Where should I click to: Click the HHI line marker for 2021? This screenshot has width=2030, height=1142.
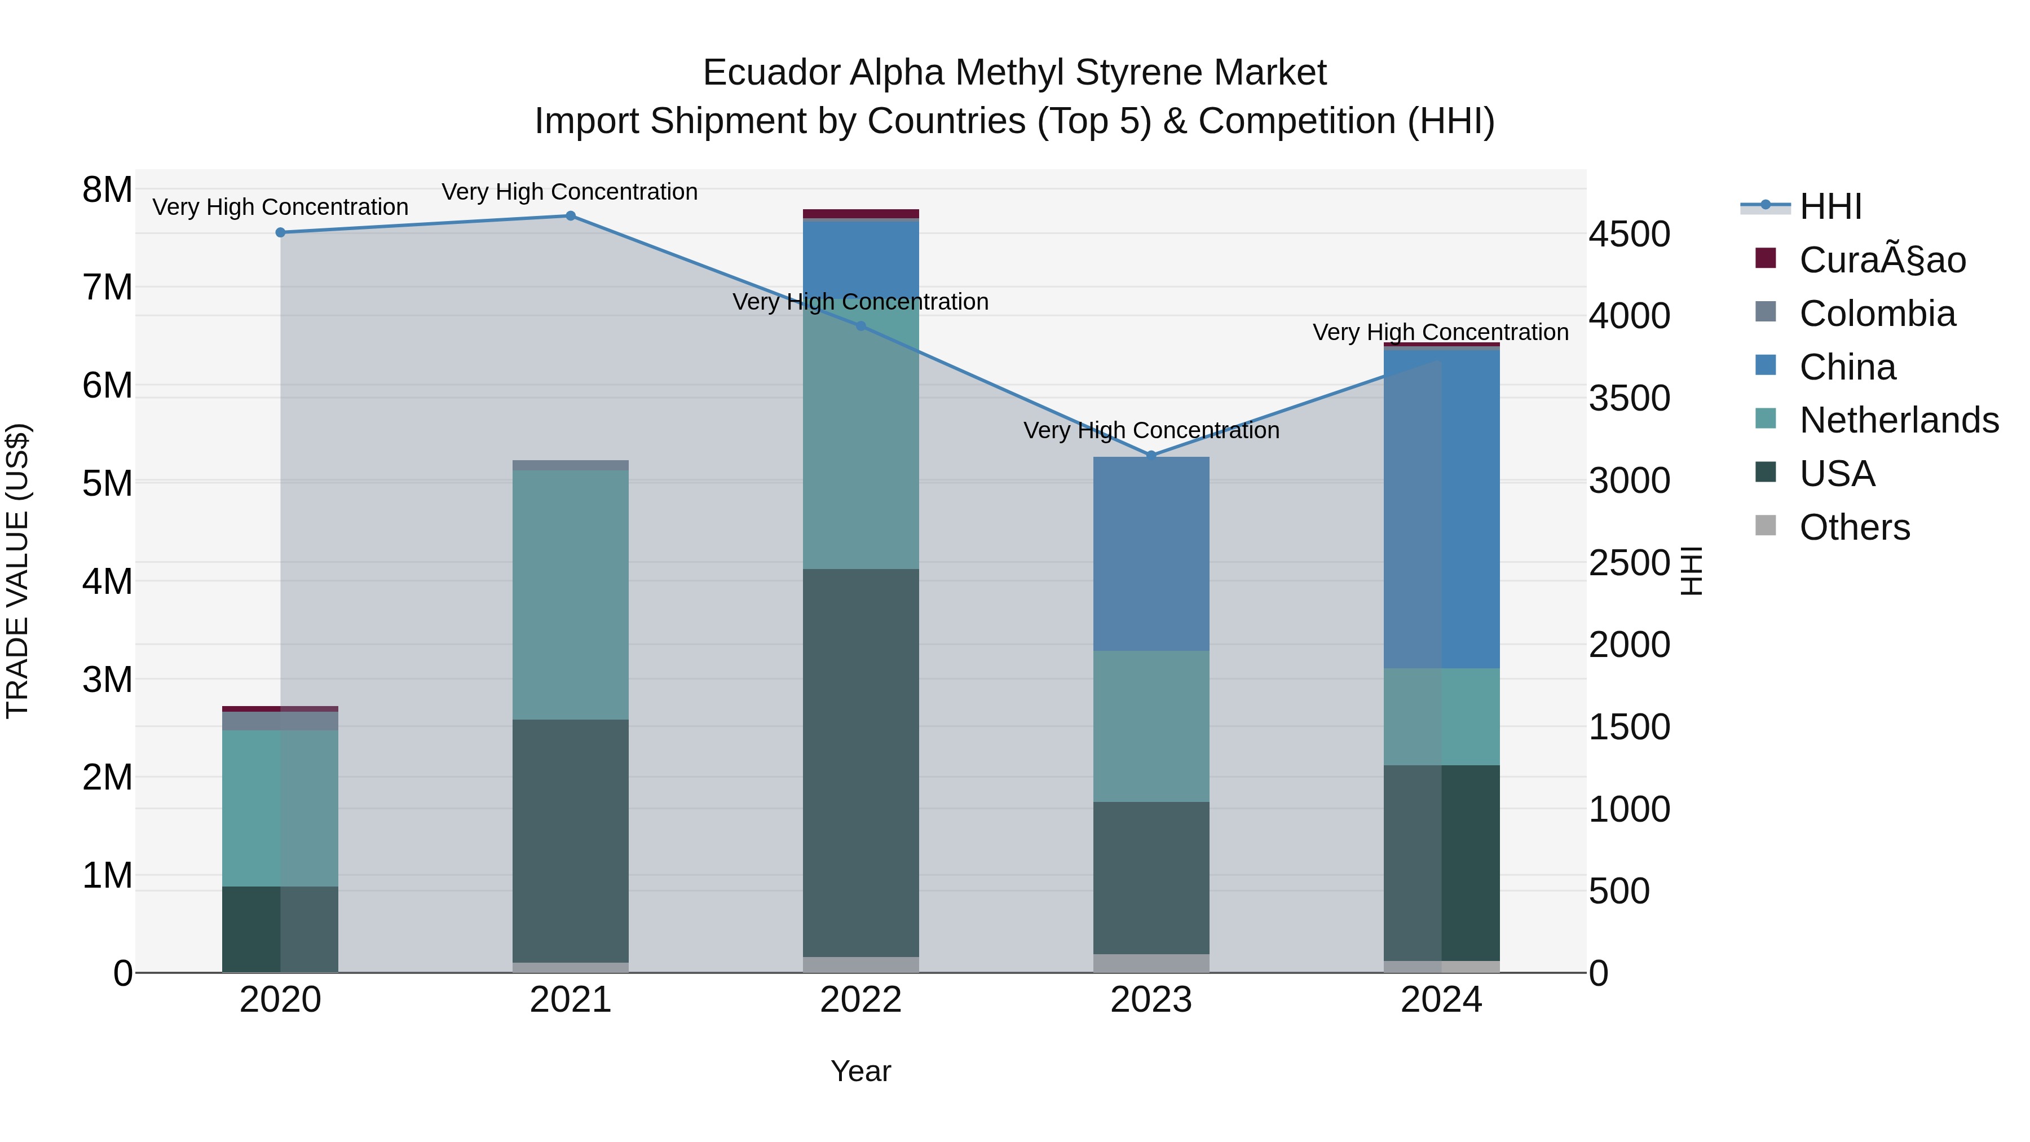[571, 216]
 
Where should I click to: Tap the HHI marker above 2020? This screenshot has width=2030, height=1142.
[281, 232]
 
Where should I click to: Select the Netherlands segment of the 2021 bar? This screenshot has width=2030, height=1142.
[571, 594]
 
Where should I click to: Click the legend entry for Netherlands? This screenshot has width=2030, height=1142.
[1897, 420]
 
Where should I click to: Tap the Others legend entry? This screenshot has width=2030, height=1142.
[1854, 527]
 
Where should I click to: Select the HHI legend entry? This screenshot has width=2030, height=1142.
[1830, 206]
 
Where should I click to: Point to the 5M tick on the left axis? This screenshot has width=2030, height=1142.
[107, 483]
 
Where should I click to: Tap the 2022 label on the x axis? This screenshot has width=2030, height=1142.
[860, 1000]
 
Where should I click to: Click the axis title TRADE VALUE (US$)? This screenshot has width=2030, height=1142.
[17, 571]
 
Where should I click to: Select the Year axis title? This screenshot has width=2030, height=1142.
[860, 1071]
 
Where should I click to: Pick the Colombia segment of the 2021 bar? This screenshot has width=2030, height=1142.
[571, 465]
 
